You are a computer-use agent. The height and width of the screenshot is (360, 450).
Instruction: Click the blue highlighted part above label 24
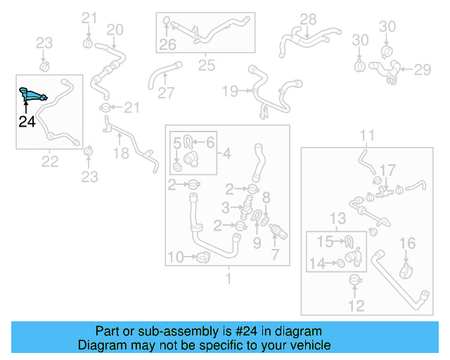[32, 94]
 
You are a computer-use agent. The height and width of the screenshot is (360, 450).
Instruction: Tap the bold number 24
[26, 122]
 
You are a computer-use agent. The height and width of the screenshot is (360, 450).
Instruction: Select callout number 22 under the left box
[49, 162]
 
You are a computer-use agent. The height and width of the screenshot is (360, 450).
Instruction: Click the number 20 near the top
[114, 30]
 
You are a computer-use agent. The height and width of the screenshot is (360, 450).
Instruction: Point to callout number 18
[121, 154]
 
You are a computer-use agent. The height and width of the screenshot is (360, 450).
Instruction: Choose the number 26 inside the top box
[167, 46]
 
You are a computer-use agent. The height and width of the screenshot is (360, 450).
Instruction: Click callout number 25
[206, 66]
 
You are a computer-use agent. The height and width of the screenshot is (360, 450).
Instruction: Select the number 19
[230, 91]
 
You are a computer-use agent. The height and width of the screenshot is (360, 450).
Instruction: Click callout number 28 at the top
[309, 19]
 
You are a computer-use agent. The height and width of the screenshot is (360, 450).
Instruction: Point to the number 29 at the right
[422, 70]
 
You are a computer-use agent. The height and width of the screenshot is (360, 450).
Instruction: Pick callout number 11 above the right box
[368, 135]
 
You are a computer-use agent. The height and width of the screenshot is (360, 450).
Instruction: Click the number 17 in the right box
[388, 170]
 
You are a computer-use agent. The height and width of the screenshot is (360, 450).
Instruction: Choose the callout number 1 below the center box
[227, 279]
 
